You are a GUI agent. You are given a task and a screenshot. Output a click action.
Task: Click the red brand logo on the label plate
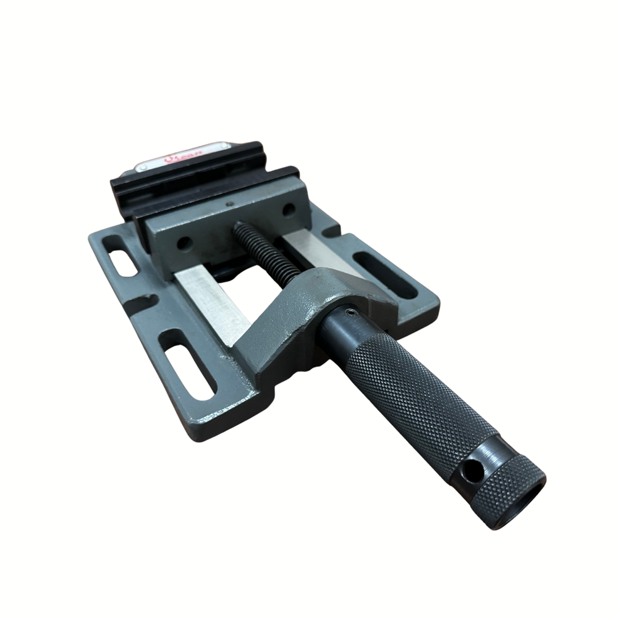(x=175, y=159)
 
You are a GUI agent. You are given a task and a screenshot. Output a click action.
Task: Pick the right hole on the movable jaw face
(x=288, y=210)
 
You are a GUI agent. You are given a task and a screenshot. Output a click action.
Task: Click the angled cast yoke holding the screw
(x=309, y=309)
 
